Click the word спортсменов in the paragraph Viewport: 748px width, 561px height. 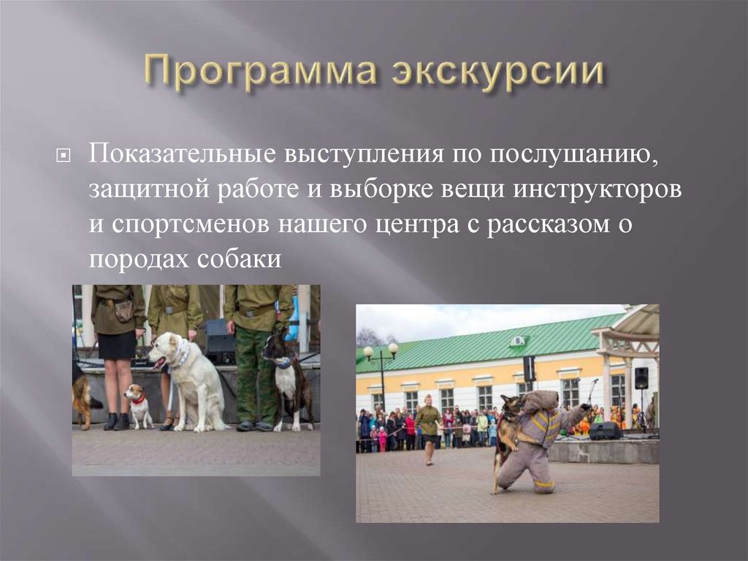191,225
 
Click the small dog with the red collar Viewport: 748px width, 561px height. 137,404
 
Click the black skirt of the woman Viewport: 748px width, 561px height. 117,344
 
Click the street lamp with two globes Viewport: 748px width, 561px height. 381,366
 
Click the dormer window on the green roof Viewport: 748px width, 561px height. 517,341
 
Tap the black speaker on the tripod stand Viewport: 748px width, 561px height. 641,378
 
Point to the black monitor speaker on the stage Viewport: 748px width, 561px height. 605,431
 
